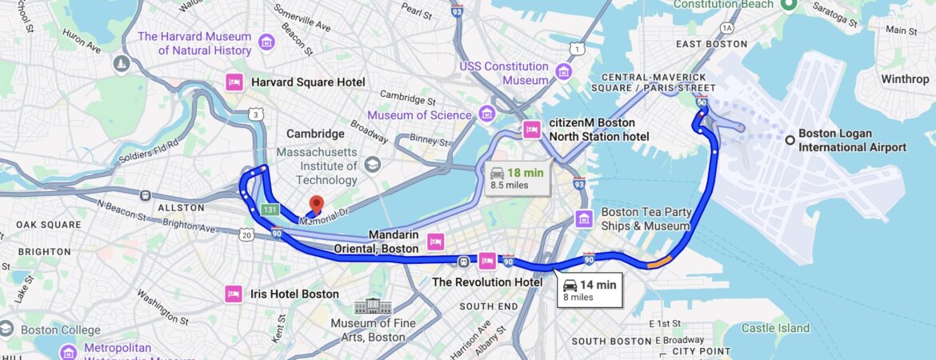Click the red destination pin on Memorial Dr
pyautogui.click(x=316, y=205)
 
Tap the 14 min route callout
pyautogui.click(x=589, y=290)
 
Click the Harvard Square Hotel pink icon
pyautogui.click(x=234, y=82)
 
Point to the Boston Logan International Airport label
pyautogui.click(x=852, y=141)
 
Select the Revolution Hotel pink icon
pyautogui.click(x=487, y=261)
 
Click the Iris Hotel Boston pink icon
pyautogui.click(x=234, y=294)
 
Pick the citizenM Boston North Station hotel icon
pyautogui.click(x=532, y=130)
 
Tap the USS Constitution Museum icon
pyautogui.click(x=564, y=73)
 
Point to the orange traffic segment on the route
pyautogui.click(x=660, y=261)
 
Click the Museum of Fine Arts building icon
pyautogui.click(x=373, y=306)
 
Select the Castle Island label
pyautogui.click(x=775, y=328)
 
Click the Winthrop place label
pyautogui.click(x=905, y=79)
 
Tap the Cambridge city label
pyautogui.click(x=315, y=134)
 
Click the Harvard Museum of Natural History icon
pyautogui.click(x=267, y=42)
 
